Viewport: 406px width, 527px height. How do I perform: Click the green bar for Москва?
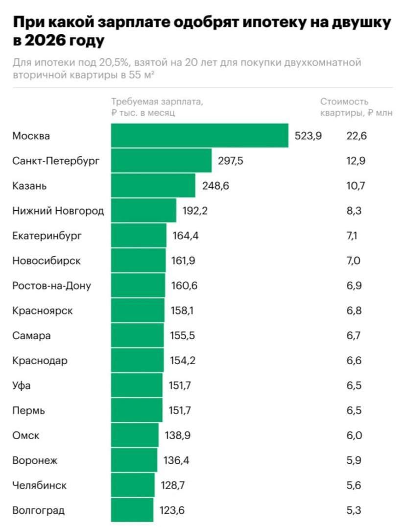199,136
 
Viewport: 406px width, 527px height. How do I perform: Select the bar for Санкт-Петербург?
161,161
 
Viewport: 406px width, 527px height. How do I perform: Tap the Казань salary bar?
153,186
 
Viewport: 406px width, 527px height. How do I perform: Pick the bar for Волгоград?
132,510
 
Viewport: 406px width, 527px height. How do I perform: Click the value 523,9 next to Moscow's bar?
308,136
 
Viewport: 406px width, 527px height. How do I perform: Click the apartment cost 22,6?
356,136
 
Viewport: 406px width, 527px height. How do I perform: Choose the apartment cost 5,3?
354,510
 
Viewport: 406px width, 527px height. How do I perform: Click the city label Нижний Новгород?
58,211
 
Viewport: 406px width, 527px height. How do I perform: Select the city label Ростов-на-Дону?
51,286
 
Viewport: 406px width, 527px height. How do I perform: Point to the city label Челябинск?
39,485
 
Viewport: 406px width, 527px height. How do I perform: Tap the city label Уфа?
21,386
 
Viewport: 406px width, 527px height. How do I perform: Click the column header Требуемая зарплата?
157,102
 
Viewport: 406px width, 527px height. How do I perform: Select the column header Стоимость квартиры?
344,102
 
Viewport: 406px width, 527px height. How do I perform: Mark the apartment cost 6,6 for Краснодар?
354,361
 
